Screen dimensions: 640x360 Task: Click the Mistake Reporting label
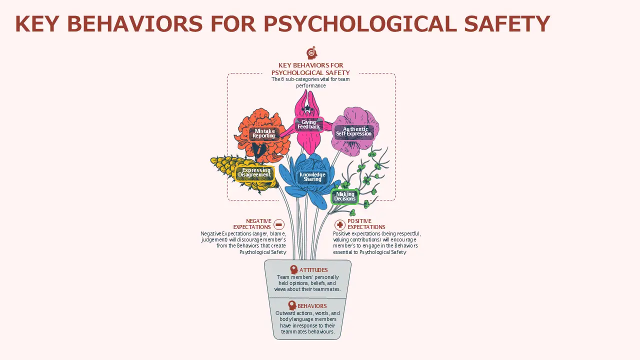(x=263, y=133)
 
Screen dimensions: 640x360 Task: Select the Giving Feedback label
(x=309, y=124)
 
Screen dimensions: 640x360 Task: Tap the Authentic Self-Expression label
(x=353, y=131)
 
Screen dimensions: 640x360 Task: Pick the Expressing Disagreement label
(x=254, y=173)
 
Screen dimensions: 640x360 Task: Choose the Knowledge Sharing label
(x=312, y=177)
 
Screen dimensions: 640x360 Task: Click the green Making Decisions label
(x=344, y=196)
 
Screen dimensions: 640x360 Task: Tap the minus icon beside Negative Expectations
(x=279, y=224)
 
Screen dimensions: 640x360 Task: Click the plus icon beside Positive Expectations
(x=339, y=225)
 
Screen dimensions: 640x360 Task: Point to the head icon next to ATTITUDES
(x=293, y=269)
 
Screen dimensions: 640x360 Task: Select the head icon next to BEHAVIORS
(x=292, y=305)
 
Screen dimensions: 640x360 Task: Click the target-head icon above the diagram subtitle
(x=311, y=52)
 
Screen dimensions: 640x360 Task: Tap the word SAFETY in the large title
(x=507, y=24)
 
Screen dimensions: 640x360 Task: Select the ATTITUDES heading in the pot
(x=313, y=270)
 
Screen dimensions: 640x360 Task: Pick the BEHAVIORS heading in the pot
(x=312, y=306)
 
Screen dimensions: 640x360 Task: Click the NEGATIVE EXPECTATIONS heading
(x=252, y=224)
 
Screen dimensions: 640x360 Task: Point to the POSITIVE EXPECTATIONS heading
(x=366, y=224)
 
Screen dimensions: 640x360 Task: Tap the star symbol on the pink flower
(x=307, y=108)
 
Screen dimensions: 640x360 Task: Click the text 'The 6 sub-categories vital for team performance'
(x=310, y=82)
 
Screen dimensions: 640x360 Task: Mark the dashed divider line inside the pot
(x=307, y=298)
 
